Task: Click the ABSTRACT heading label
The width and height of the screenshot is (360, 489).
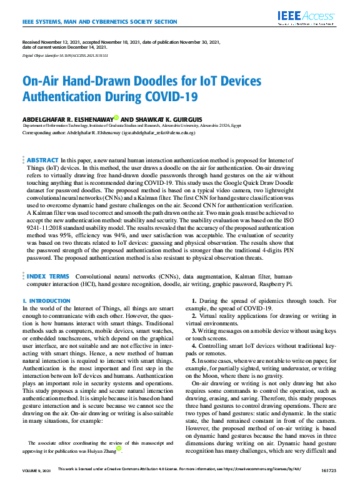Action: point(42,161)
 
